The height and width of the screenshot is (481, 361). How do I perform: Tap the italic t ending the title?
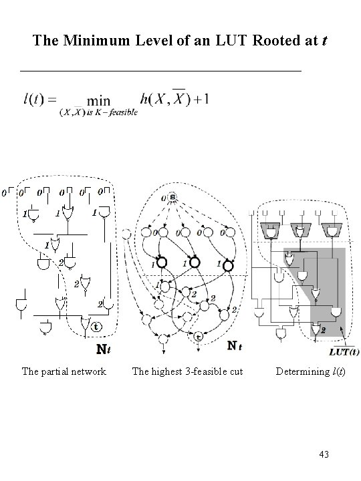coord(323,41)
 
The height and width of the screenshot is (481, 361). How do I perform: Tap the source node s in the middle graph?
coord(172,198)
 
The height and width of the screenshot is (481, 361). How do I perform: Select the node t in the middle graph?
coord(197,336)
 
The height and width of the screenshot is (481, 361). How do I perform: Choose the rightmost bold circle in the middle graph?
coord(228,265)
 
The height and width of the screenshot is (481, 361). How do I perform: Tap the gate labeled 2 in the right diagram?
coord(316,329)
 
